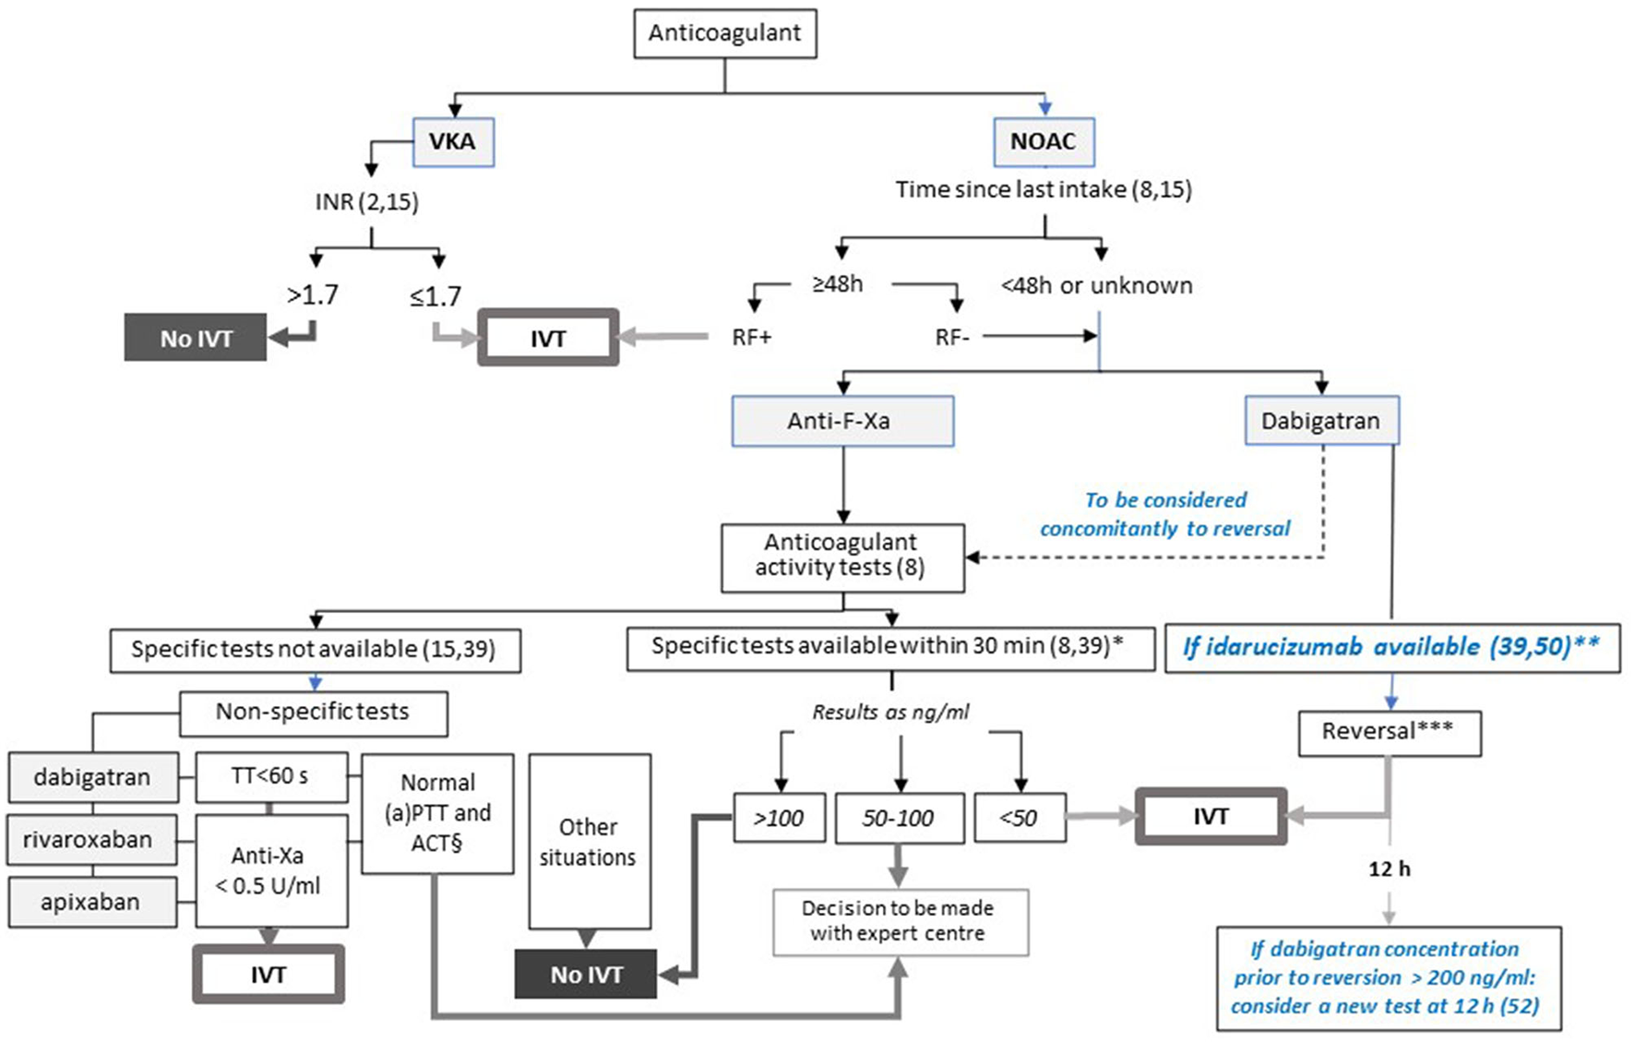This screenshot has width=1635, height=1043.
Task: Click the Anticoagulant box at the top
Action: click(x=724, y=33)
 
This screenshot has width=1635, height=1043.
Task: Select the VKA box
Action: click(x=453, y=142)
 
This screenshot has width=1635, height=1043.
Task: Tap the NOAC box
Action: click(x=1044, y=142)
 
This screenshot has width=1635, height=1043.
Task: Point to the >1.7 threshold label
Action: click(x=313, y=295)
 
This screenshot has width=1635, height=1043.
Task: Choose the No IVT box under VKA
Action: click(x=196, y=338)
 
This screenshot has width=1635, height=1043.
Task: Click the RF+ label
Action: click(x=751, y=338)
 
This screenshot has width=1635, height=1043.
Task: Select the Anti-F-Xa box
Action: click(x=841, y=422)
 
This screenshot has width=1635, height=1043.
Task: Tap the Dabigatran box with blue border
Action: click(x=1320, y=422)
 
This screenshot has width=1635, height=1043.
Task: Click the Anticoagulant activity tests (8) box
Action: click(x=841, y=556)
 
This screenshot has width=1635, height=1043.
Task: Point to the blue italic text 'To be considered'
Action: click(x=1165, y=500)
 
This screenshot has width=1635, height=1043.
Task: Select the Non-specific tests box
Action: click(x=313, y=713)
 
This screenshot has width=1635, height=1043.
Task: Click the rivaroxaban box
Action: click(x=90, y=840)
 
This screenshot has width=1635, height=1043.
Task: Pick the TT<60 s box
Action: click(x=271, y=776)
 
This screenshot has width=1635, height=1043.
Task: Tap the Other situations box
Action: click(x=589, y=842)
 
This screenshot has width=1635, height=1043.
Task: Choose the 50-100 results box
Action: click(x=899, y=818)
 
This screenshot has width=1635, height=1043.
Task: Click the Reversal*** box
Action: click(x=1388, y=733)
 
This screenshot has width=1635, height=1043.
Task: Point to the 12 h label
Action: click(x=1389, y=869)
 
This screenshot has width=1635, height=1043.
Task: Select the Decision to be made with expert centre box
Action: click(x=899, y=921)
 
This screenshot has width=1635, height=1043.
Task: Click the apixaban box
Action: click(x=91, y=902)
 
